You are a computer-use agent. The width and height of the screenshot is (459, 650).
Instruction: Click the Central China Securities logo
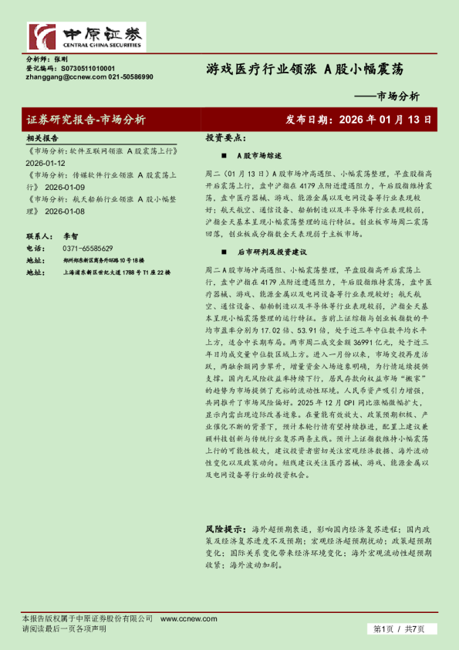(x=86, y=36)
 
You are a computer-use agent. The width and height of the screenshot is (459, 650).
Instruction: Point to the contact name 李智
(x=71, y=236)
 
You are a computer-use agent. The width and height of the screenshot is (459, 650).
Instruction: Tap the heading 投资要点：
(x=225, y=137)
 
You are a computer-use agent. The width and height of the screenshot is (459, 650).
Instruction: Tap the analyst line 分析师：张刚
(x=47, y=59)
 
